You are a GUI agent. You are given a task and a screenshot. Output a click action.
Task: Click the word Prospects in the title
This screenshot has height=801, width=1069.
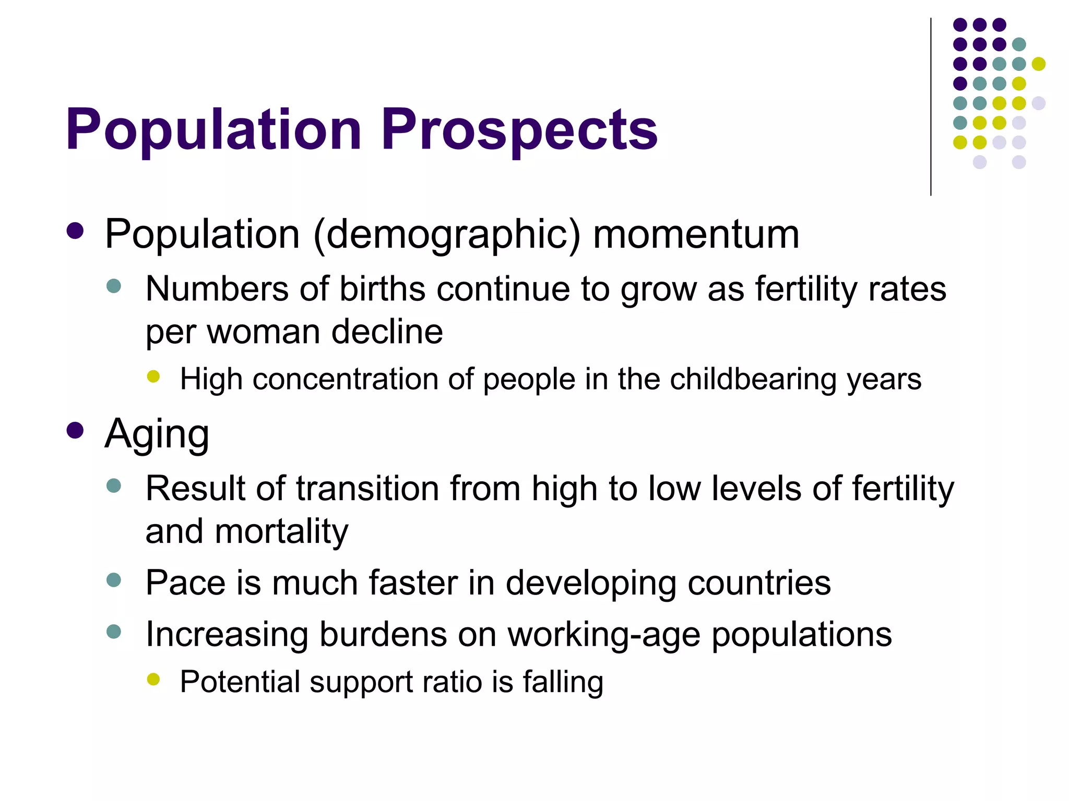point(519,129)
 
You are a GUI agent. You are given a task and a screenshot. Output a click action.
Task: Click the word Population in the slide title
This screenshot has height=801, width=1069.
point(213,129)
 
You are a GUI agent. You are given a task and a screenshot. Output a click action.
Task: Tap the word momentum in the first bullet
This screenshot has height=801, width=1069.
point(696,235)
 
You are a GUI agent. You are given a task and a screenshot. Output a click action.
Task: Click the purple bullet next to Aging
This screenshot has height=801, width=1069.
point(75,431)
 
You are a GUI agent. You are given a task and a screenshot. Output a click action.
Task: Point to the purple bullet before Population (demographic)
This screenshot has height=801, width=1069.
point(75,231)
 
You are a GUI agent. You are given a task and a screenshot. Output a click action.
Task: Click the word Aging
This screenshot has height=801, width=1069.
point(157,434)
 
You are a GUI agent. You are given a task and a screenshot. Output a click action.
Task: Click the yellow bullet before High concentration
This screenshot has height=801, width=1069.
point(153,376)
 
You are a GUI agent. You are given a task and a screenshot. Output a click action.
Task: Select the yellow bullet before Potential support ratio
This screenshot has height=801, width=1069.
point(153,678)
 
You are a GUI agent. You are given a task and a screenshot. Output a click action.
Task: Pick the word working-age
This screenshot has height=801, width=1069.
point(604,635)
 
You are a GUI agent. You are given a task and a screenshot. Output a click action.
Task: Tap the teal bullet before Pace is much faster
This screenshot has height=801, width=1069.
point(113,580)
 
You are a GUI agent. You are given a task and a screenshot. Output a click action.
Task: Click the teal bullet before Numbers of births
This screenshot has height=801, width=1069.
point(113,286)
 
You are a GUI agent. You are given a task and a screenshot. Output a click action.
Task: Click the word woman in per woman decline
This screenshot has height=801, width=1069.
point(263,332)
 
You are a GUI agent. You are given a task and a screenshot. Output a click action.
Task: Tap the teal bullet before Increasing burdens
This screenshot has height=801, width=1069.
point(113,632)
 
